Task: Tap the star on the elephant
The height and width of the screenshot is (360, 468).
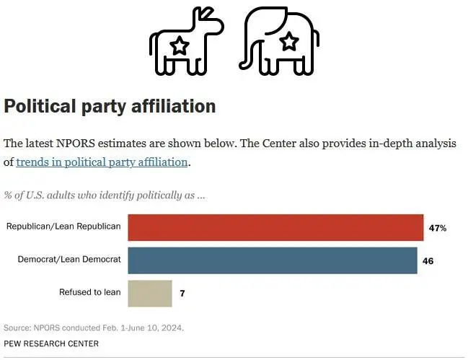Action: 289,41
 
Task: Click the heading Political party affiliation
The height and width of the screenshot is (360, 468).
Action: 110,106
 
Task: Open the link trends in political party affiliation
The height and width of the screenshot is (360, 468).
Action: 102,162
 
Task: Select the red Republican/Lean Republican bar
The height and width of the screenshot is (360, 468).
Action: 275,227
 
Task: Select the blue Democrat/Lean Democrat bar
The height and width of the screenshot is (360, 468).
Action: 272,260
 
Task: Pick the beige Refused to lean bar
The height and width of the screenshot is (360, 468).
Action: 150,293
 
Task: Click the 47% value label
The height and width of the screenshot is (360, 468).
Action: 437,228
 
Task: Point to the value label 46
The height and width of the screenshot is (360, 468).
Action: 428,260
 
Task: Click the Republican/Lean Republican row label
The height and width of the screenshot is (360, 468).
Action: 63,227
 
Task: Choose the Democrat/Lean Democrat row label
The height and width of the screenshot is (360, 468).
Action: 69,260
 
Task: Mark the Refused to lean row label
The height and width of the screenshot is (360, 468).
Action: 89,293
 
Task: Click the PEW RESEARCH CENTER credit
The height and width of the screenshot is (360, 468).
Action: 51,343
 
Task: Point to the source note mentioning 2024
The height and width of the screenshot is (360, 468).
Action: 94,328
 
